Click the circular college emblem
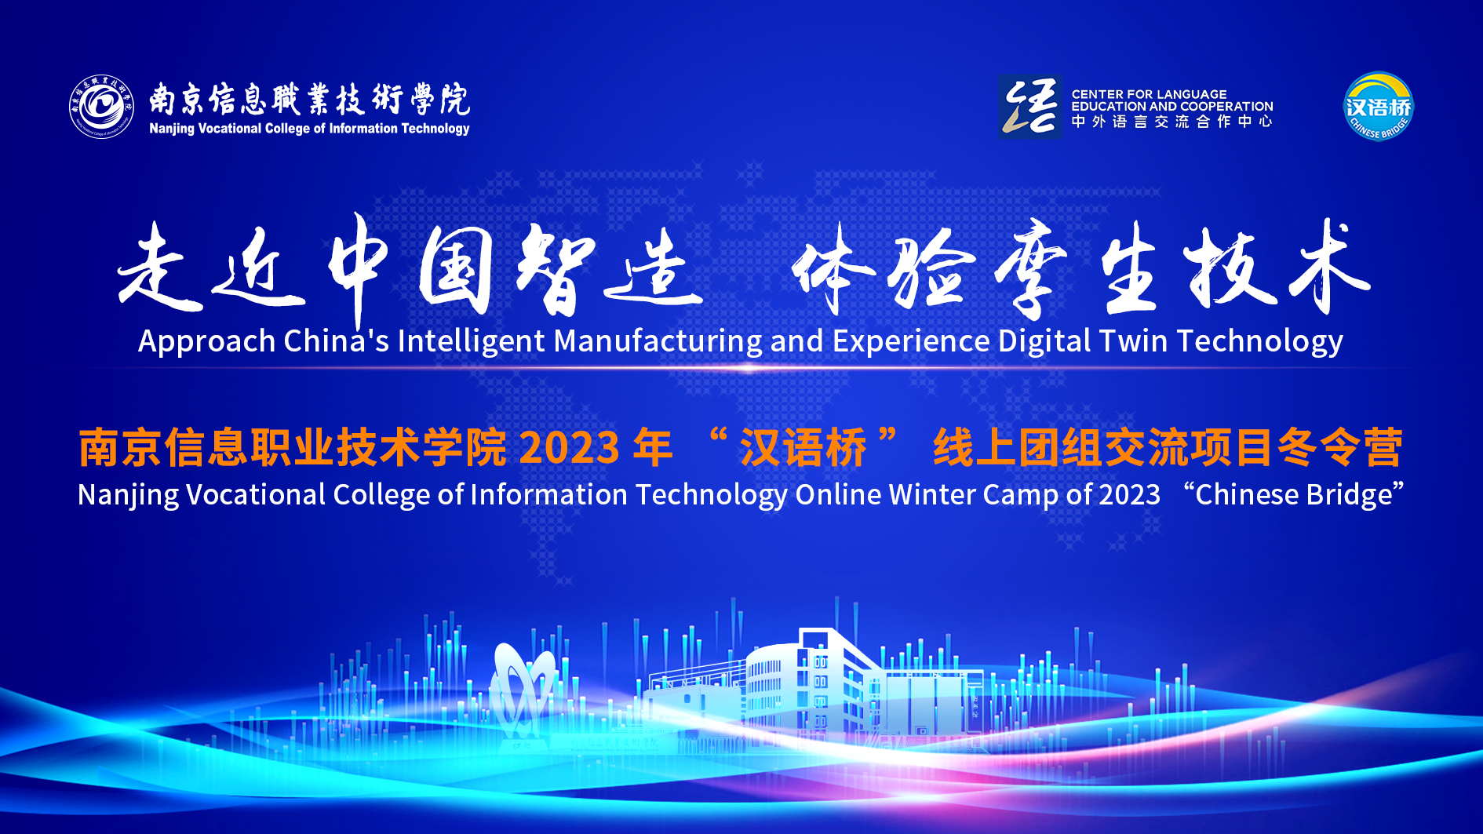101,107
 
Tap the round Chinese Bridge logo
1379,107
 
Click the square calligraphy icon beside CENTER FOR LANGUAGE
1029,107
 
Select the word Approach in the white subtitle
207,342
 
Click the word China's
336,341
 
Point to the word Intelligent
471,342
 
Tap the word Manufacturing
658,342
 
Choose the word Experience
911,342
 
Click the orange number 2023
569,448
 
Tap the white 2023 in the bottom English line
1129,495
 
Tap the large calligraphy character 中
358,267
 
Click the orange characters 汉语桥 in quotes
803,448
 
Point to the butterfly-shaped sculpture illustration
522,690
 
